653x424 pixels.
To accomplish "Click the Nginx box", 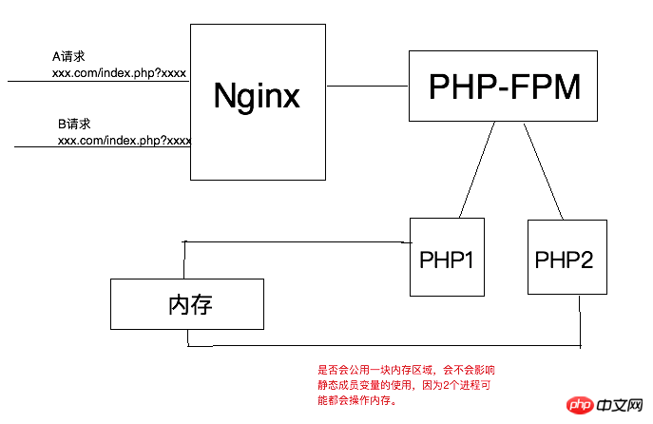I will (x=258, y=143).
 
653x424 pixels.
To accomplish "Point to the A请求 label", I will (x=69, y=57).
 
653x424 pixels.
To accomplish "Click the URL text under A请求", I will (x=120, y=72).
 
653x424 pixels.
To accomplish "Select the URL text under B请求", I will (x=125, y=141).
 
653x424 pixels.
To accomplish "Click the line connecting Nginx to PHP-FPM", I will (x=367, y=87).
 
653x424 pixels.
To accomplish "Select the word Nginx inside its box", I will (x=257, y=96).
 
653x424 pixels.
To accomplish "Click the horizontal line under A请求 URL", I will (x=95, y=82).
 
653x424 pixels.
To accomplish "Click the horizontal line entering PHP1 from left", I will (x=295, y=241).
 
